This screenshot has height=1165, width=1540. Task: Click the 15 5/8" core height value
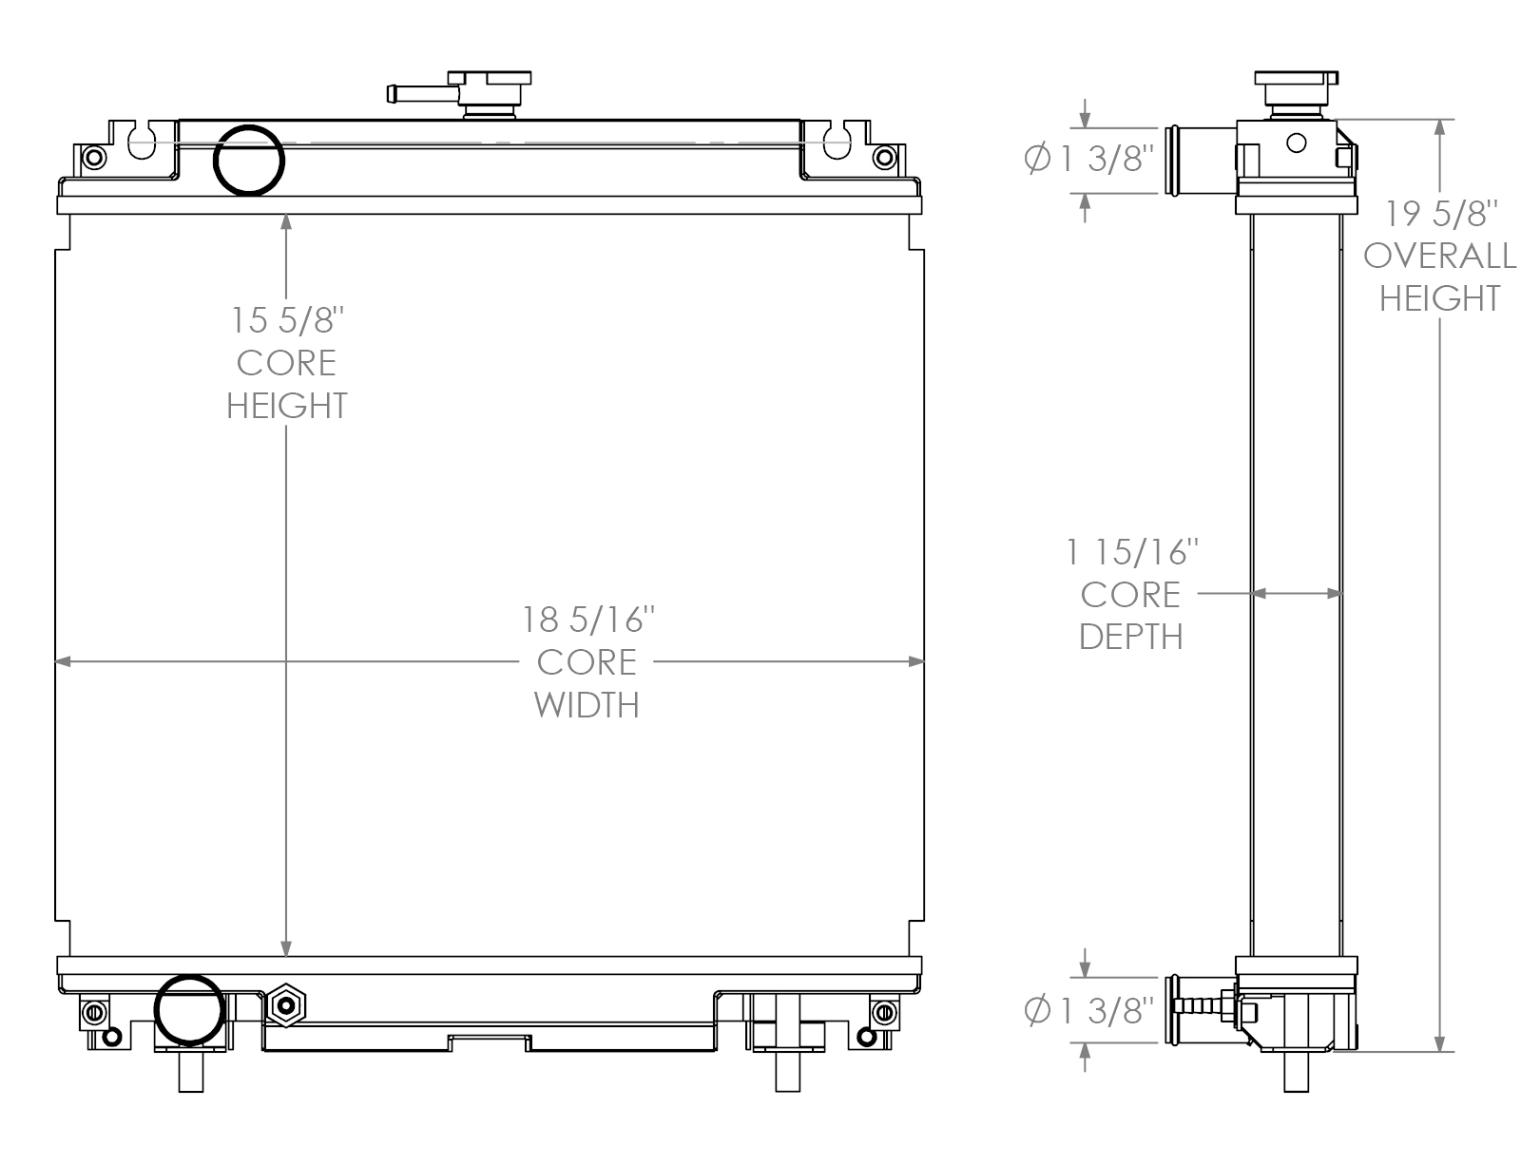(286, 320)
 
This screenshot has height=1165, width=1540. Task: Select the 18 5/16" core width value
(588, 620)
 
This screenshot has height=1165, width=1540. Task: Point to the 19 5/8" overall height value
(1440, 213)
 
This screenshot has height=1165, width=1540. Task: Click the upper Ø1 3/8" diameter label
(1090, 159)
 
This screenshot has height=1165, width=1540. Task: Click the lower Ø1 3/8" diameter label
(1090, 1011)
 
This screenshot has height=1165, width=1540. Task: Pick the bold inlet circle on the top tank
(249, 160)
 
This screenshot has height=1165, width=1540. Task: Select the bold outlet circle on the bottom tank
(190, 1010)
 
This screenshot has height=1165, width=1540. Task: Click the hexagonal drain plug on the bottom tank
(284, 1006)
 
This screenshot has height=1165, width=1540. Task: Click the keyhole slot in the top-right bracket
(837, 143)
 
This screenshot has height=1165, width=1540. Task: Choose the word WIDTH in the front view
(587, 704)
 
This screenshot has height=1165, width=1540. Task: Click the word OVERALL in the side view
(1440, 256)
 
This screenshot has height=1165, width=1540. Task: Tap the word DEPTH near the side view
(1131, 637)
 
